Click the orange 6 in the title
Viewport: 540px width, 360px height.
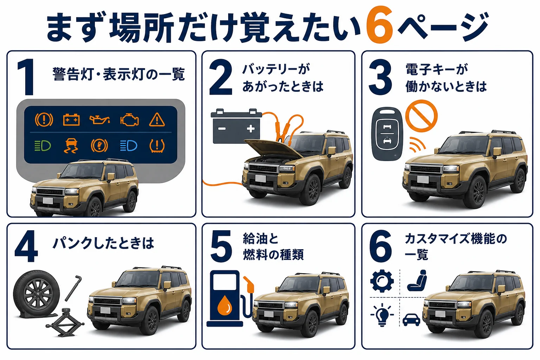(x=379, y=25)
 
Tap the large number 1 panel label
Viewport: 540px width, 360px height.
(x=26, y=77)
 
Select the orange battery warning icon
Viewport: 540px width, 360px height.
(x=71, y=120)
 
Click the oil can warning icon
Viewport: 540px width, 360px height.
(x=100, y=120)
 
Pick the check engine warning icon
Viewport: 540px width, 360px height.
(x=129, y=120)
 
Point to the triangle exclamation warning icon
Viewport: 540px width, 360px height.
(x=157, y=120)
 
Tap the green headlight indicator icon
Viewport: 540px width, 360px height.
(x=43, y=146)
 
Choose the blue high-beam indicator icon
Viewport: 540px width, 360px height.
(x=129, y=146)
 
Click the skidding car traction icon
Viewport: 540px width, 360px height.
(x=71, y=146)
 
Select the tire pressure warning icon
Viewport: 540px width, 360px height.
(x=157, y=146)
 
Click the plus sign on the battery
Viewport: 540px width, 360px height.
(x=251, y=129)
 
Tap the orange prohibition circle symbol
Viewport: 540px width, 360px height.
(x=422, y=116)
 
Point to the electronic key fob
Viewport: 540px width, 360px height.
(x=387, y=134)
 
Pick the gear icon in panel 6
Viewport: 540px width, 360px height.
(x=382, y=281)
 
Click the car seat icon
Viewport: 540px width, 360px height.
(x=417, y=280)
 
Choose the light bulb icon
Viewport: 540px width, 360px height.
(x=382, y=315)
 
